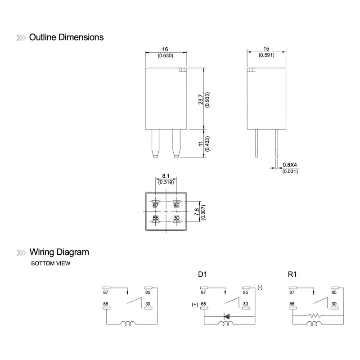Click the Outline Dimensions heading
(66, 37)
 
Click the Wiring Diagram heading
(59, 252)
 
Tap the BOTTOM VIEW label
(50, 264)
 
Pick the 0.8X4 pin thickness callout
(290, 165)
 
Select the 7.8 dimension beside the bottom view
(196, 212)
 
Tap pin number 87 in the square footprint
(156, 205)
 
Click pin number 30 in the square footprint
(177, 217)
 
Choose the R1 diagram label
(292, 274)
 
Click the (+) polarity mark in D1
(194, 304)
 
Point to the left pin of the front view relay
(155, 143)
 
